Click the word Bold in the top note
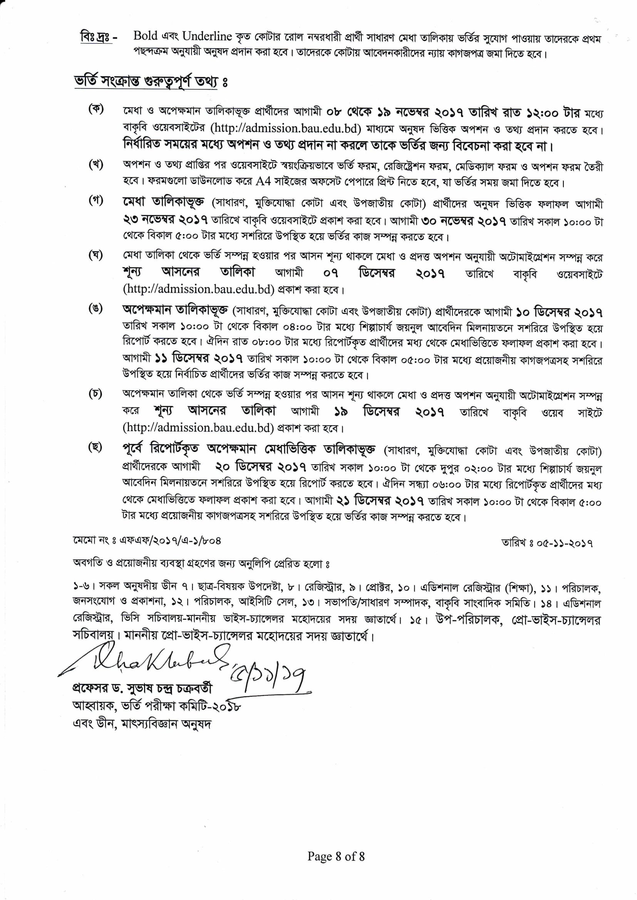(x=145, y=36)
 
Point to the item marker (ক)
(x=96, y=109)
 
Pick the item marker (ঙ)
(x=96, y=309)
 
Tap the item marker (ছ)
(x=96, y=447)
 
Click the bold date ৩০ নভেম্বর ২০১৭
(x=463, y=221)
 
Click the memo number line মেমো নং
(x=147, y=540)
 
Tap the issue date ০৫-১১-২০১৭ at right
(x=547, y=543)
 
